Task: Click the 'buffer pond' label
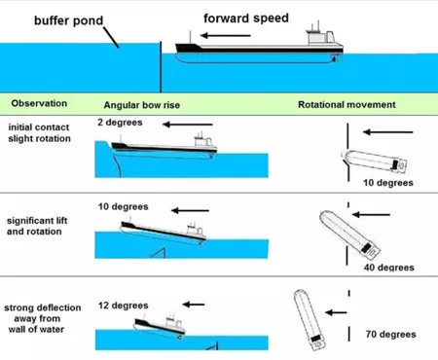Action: tap(68, 20)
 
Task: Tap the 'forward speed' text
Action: tap(246, 18)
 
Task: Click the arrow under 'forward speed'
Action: tap(226, 35)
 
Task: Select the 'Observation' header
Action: tap(39, 103)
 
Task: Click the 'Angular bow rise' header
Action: tap(142, 105)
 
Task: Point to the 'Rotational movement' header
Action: tap(347, 105)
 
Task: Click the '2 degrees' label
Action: tap(120, 123)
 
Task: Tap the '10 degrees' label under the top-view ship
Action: tap(388, 183)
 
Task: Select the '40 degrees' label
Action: tap(388, 268)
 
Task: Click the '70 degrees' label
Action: tap(390, 334)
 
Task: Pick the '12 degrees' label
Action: tap(123, 306)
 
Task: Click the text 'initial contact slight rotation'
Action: tap(39, 133)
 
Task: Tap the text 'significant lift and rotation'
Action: tap(37, 226)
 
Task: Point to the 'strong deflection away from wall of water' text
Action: tap(42, 318)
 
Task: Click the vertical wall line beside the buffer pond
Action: tap(161, 67)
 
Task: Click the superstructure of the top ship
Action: tap(320, 37)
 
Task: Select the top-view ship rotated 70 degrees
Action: tap(310, 320)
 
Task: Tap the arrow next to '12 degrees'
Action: tap(194, 305)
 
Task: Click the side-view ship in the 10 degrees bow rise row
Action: tap(164, 233)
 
